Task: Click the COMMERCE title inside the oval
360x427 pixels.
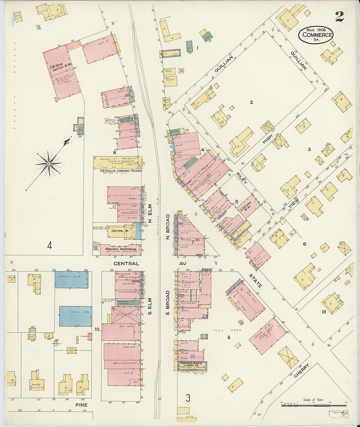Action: pyautogui.click(x=317, y=35)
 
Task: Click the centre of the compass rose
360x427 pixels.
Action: pyautogui.click(x=49, y=163)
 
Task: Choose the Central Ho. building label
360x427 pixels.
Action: pyautogui.click(x=117, y=231)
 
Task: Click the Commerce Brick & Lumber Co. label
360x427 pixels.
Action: pyautogui.click(x=192, y=365)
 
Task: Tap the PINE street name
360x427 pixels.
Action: pyautogui.click(x=81, y=405)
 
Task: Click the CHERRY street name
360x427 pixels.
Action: pyautogui.click(x=301, y=371)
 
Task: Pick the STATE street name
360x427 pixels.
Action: pyautogui.click(x=255, y=281)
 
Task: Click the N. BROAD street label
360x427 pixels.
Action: pyautogui.click(x=168, y=226)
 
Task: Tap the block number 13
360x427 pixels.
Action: pyautogui.click(x=324, y=312)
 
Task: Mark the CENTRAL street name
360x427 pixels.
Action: pyautogui.click(x=126, y=263)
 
